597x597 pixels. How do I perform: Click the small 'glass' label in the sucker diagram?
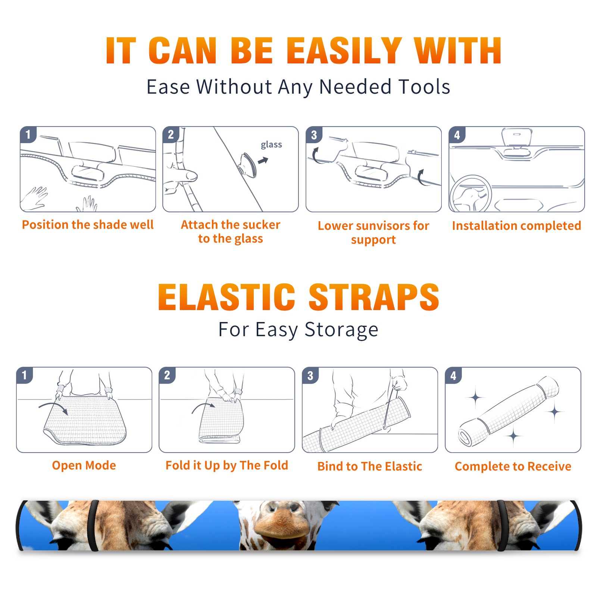pyautogui.click(x=271, y=144)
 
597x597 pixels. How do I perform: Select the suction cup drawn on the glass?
pyautogui.click(x=248, y=165)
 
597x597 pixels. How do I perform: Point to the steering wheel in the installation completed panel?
pyautogui.click(x=470, y=194)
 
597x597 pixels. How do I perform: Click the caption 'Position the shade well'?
pyautogui.click(x=88, y=225)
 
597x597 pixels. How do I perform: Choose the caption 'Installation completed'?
pyautogui.click(x=516, y=225)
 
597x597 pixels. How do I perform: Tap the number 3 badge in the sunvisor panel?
pyautogui.click(x=314, y=135)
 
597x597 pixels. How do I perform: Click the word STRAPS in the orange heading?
pyautogui.click(x=374, y=297)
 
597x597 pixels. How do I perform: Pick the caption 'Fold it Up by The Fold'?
pyautogui.click(x=227, y=465)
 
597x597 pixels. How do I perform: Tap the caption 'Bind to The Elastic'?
pyautogui.click(x=370, y=466)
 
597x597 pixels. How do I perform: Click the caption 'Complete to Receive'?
pyautogui.click(x=513, y=466)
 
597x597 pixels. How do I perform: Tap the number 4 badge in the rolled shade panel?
pyautogui.click(x=453, y=375)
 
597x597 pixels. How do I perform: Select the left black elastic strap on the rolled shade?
pyautogui.click(x=93, y=525)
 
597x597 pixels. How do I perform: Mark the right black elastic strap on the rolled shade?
pyautogui.click(x=503, y=525)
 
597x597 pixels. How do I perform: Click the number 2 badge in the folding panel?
pyautogui.click(x=167, y=375)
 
